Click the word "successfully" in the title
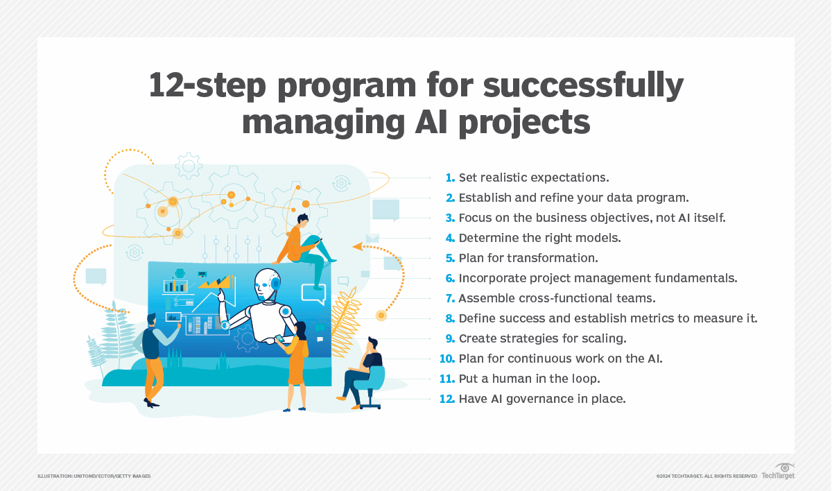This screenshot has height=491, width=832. pyautogui.click(x=583, y=86)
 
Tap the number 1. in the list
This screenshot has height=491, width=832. pyautogui.click(x=450, y=178)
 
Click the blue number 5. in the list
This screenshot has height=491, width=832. pyautogui.click(x=450, y=258)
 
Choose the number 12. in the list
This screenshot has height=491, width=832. pyautogui.click(x=447, y=399)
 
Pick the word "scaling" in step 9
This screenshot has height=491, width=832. pyautogui.click(x=604, y=339)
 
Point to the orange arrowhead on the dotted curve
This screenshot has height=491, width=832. pyautogui.click(x=357, y=246)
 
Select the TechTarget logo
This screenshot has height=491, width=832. pyautogui.click(x=778, y=472)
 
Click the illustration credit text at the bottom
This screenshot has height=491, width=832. pyautogui.click(x=94, y=476)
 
